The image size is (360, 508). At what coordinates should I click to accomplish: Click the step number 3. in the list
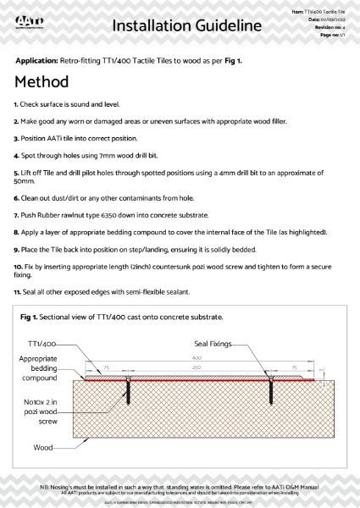pyautogui.click(x=16, y=136)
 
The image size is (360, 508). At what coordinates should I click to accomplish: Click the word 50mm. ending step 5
pyautogui.click(x=25, y=180)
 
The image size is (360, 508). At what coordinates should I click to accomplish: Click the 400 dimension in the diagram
pyautogui.click(x=197, y=359)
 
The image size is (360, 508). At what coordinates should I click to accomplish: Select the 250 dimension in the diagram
pyautogui.click(x=197, y=367)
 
